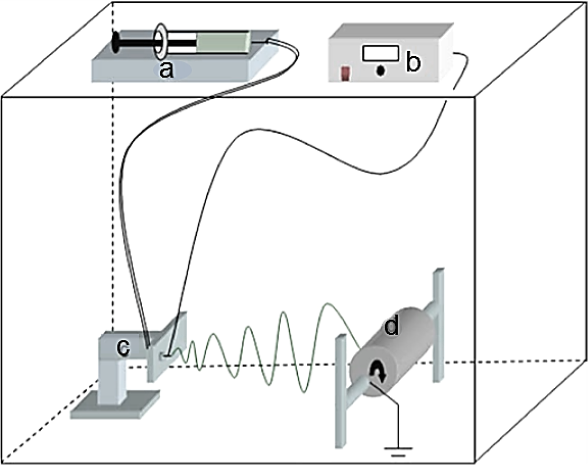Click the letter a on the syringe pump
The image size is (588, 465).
tap(166, 71)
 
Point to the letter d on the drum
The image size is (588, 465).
tap(391, 327)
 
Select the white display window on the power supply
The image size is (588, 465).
tap(380, 53)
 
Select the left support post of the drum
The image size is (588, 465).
tap(341, 388)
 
